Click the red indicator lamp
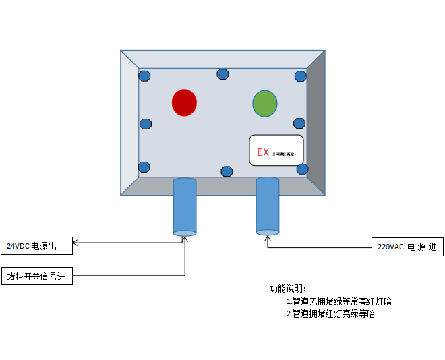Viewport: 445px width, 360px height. pos(184,102)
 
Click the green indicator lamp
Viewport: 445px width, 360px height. pos(265,103)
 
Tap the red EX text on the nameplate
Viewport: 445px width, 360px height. pos(263,152)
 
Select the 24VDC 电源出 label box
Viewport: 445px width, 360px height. pos(37,247)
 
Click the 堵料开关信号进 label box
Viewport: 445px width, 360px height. pos(37,276)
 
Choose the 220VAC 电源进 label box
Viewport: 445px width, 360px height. pos(407,247)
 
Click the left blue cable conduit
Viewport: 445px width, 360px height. pos(185,206)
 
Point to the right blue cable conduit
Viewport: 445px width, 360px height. pos(268,206)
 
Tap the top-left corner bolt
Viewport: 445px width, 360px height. pos(145,76)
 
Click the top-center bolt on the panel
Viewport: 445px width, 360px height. pos(222,74)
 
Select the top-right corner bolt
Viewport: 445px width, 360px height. pos(301,76)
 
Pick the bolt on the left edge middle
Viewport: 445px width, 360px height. pos(145,124)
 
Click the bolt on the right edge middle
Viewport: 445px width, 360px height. pos(299,123)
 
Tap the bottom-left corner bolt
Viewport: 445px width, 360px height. pos(144,167)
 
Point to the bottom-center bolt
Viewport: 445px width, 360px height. pos(227,171)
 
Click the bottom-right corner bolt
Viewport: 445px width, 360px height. pos(302,169)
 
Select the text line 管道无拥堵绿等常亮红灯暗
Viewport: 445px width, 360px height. pos(339,301)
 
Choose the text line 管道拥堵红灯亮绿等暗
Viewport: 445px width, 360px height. pos(330,313)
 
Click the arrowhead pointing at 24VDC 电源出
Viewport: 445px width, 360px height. pos(76,243)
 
